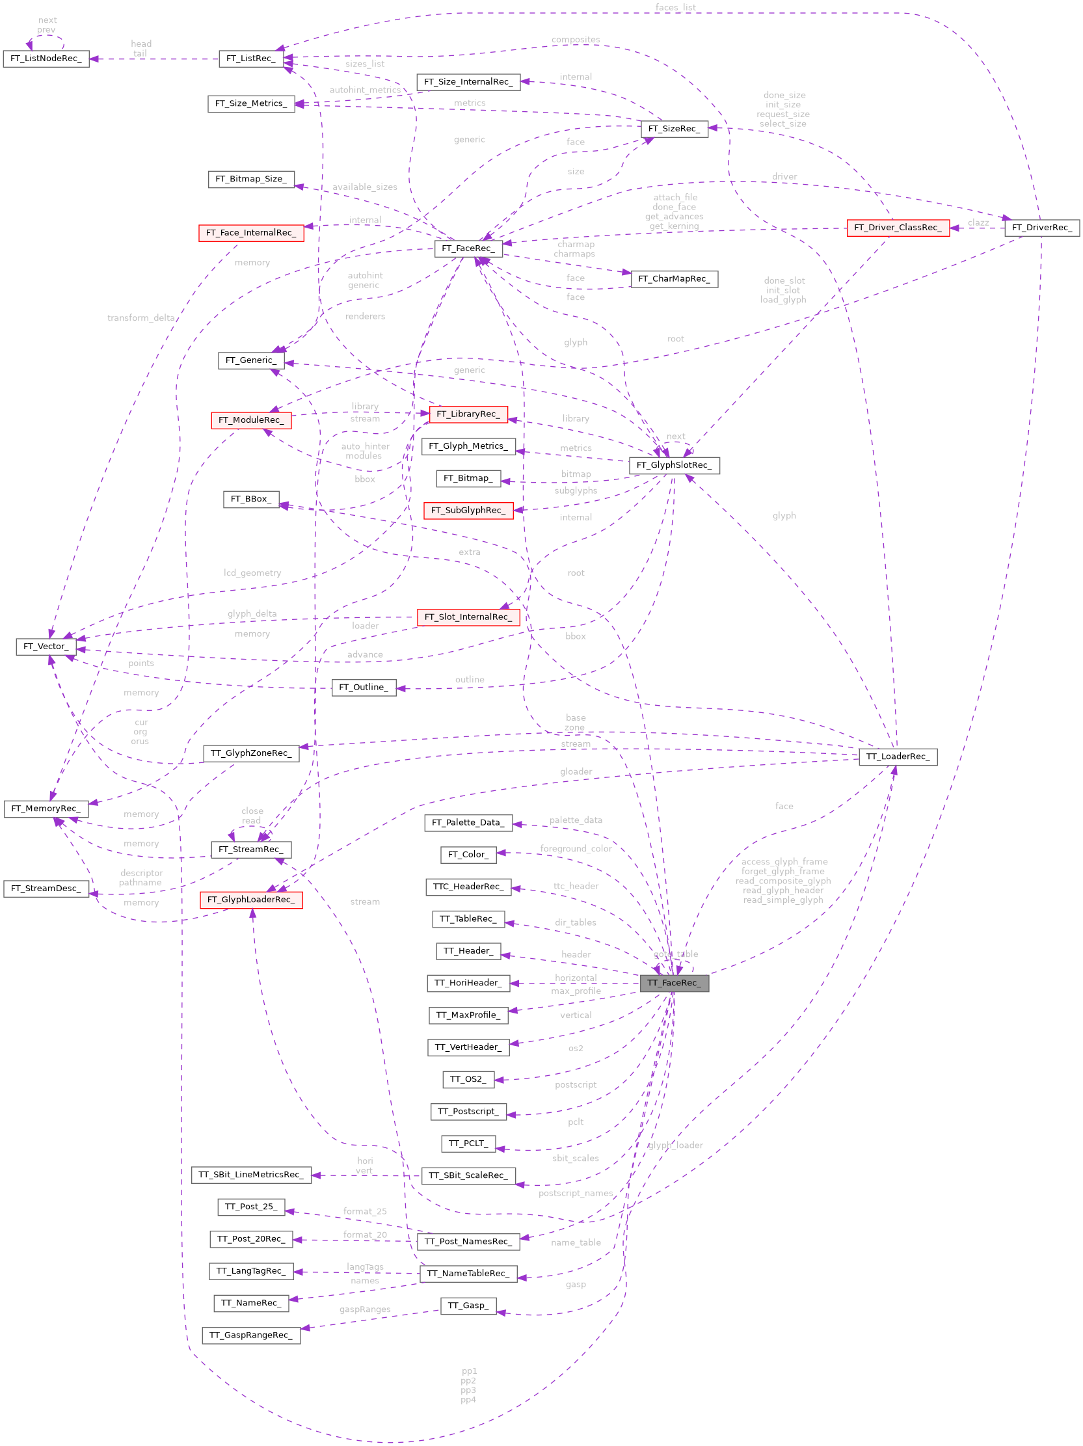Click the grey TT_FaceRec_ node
tap(674, 983)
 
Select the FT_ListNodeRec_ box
tap(46, 59)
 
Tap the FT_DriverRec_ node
tap(1042, 228)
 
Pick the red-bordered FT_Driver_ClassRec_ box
tap(898, 228)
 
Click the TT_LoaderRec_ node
tap(898, 757)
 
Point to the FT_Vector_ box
tap(46, 647)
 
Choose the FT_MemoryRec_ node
tap(46, 809)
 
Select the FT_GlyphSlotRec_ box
tap(674, 466)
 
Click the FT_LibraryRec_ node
tap(468, 414)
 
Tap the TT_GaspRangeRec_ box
tap(251, 1335)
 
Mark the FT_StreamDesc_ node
tap(46, 889)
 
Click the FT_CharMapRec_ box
tap(674, 279)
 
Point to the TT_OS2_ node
tap(468, 1079)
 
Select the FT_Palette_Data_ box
tap(468, 823)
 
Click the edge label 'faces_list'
tap(675, 8)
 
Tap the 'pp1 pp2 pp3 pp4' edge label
tap(468, 1386)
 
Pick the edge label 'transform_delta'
tap(141, 318)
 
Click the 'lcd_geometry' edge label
tap(252, 573)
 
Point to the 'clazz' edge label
tap(978, 223)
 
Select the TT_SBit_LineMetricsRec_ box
tap(251, 1175)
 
